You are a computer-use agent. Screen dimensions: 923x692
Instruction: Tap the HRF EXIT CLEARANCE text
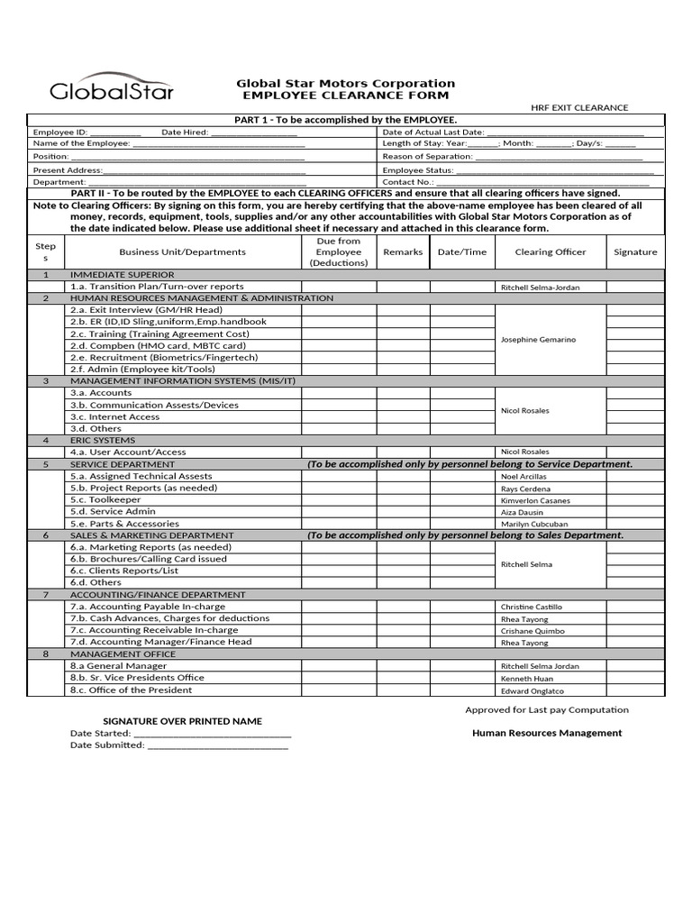(579, 108)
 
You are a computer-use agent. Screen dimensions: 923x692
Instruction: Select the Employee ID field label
(60, 132)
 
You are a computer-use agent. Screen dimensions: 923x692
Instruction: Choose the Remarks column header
(403, 252)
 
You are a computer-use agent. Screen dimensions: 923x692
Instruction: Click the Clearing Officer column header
(550, 252)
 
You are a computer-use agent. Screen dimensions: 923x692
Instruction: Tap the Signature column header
(635, 252)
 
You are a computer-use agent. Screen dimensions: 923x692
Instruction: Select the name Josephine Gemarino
(538, 340)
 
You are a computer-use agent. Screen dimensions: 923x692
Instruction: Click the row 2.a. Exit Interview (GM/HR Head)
(146, 310)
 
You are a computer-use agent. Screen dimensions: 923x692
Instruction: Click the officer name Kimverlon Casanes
(535, 500)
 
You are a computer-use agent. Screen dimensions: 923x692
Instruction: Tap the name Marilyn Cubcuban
(534, 524)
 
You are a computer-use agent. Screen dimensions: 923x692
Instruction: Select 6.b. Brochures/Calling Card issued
(149, 559)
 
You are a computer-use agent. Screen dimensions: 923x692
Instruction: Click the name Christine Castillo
(532, 608)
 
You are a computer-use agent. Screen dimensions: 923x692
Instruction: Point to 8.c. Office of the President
(131, 690)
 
